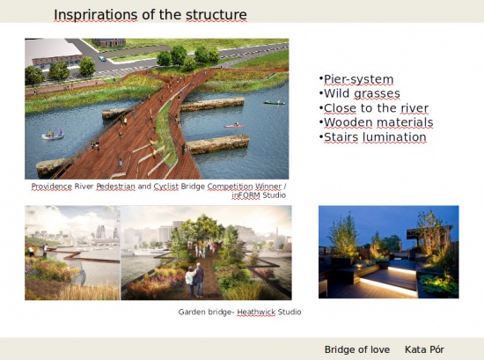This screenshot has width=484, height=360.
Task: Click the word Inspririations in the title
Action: [96, 15]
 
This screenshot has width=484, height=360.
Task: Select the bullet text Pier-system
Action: [359, 79]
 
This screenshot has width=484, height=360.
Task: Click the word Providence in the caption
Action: [52, 187]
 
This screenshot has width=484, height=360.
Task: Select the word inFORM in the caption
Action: [246, 195]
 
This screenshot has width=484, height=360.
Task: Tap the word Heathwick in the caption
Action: [256, 312]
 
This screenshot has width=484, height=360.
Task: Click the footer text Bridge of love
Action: [357, 349]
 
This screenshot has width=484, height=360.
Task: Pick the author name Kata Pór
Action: [424, 349]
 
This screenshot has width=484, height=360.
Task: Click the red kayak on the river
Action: [235, 125]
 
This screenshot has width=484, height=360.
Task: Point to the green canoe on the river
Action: [275, 102]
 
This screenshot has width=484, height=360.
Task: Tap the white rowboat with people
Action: [53, 135]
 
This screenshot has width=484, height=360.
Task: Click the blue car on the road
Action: [102, 58]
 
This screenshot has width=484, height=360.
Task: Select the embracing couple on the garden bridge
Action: [194, 280]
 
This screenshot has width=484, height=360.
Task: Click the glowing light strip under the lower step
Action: [388, 287]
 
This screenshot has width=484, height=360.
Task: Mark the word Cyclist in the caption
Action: [166, 187]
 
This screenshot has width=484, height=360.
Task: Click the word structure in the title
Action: [216, 15]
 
